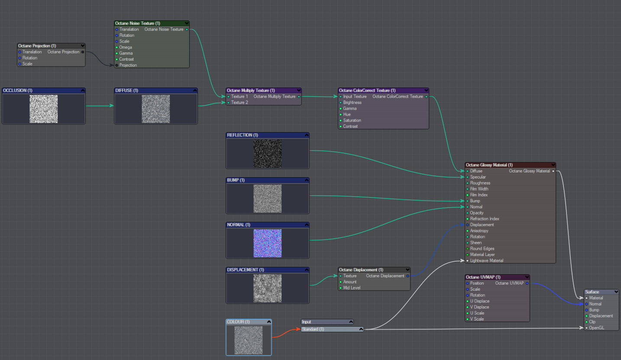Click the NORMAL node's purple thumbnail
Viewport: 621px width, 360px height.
pos(267,243)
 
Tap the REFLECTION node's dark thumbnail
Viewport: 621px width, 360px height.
pos(267,153)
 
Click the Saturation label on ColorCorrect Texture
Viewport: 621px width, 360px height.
pos(352,120)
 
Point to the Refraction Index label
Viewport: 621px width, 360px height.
pos(485,219)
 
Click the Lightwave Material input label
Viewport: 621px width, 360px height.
pos(486,260)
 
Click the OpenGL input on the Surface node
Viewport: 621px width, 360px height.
pos(596,328)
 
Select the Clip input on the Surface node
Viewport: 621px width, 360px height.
pos(592,322)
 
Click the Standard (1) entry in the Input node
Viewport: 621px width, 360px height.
pos(332,329)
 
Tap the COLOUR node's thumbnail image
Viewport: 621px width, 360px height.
pos(249,340)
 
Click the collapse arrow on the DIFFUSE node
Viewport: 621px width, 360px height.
pos(195,91)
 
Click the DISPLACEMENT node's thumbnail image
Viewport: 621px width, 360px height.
pos(267,288)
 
